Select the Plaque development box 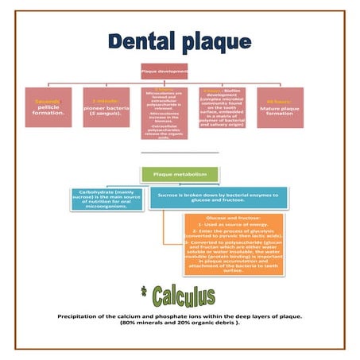pos(164,72)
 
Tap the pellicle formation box pos(49,107)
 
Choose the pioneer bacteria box pos(107,107)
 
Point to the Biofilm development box pos(222,107)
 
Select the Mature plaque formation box pos(280,107)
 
